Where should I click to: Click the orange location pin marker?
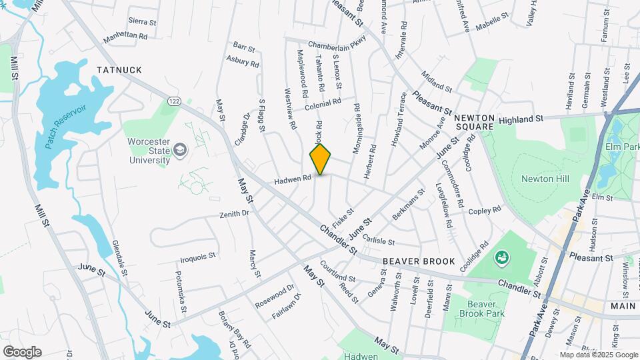(x=321, y=159)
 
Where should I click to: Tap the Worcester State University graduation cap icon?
(x=179, y=151)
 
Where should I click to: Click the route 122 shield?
(x=174, y=101)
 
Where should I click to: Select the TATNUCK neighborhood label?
(x=119, y=69)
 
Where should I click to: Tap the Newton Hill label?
(x=540, y=178)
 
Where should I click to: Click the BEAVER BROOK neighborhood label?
(x=419, y=261)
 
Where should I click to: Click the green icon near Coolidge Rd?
(x=501, y=257)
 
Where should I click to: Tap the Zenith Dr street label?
(x=234, y=214)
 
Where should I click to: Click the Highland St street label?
(x=521, y=119)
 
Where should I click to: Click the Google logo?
(x=22, y=351)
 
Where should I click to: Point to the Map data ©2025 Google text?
(x=598, y=355)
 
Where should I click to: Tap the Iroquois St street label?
(x=198, y=255)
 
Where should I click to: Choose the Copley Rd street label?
(x=485, y=211)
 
